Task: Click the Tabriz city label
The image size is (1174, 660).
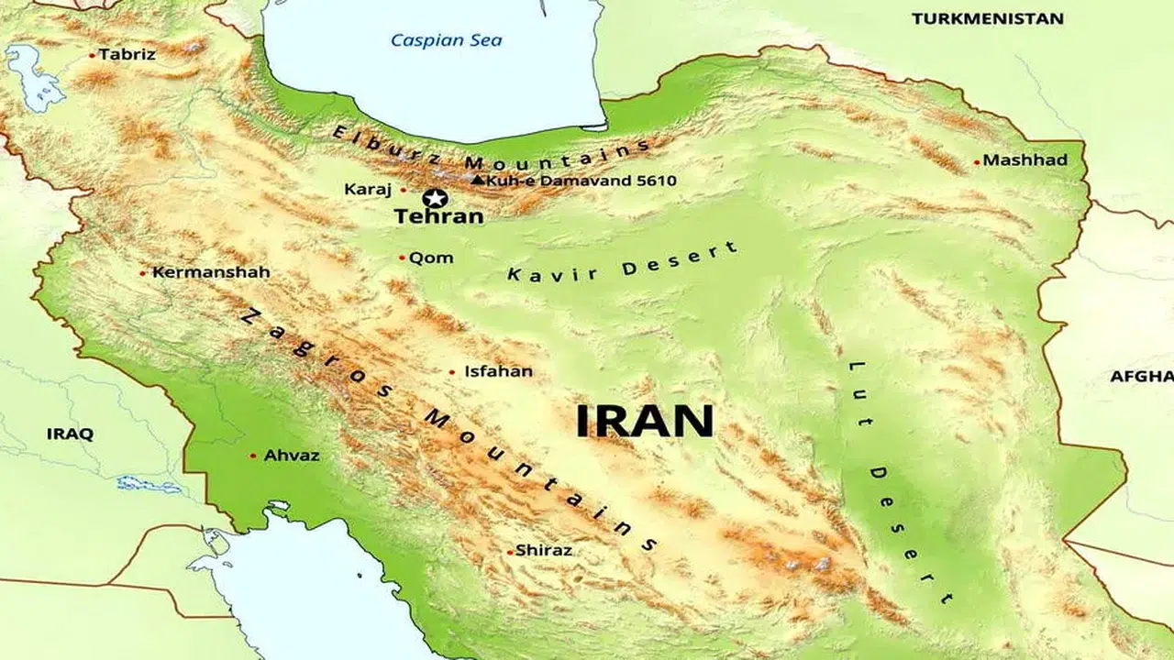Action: coord(127,55)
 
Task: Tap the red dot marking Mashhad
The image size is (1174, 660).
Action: coord(977,162)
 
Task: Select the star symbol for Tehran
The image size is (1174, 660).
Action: coord(435,198)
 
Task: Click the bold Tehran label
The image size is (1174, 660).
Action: coord(438,217)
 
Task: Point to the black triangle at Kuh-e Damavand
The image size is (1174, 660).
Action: coord(477,181)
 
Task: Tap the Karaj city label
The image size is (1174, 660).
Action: coord(368,190)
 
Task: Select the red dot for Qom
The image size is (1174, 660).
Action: coord(402,258)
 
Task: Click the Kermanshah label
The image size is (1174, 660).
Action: coord(198,272)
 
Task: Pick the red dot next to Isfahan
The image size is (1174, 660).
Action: coord(451,372)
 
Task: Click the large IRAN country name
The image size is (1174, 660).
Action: coord(644,422)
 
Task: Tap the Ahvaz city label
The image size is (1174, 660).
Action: coord(291,456)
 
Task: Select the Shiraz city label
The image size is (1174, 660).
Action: coord(543,551)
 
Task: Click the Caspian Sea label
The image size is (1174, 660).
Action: coord(446,40)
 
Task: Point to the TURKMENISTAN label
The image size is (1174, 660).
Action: coord(987,18)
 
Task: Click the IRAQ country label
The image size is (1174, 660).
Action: coord(70,434)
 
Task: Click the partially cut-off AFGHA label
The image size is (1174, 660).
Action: coord(1142,377)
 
